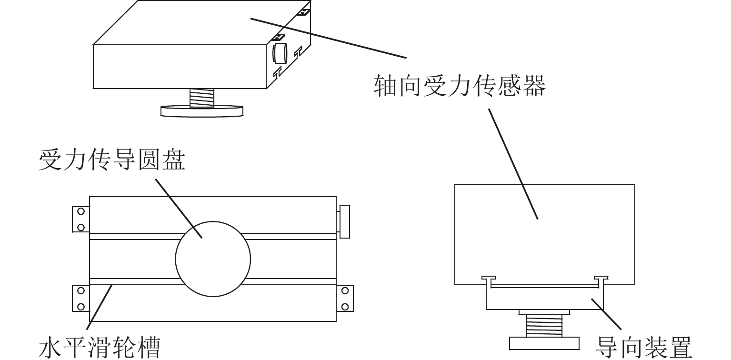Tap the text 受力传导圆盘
click(112, 160)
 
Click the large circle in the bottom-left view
click(213, 258)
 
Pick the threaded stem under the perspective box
click(202, 98)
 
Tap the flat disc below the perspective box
click(202, 111)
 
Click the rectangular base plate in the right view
click(544, 344)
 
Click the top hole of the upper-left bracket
click(81, 212)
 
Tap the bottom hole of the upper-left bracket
click(81, 227)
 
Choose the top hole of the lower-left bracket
click(81, 290)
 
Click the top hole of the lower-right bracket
click(345, 290)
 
